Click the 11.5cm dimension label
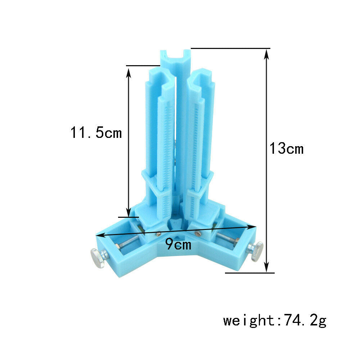(x=96, y=132)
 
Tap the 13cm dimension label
(x=286, y=148)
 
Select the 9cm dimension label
(x=178, y=244)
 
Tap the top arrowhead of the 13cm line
(x=266, y=54)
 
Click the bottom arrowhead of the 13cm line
(x=266, y=267)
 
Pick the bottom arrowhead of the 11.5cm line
(x=129, y=211)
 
